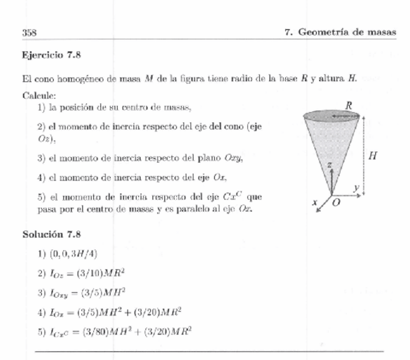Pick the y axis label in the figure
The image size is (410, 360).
pos(356,186)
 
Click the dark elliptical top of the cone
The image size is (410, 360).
pos(331,116)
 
